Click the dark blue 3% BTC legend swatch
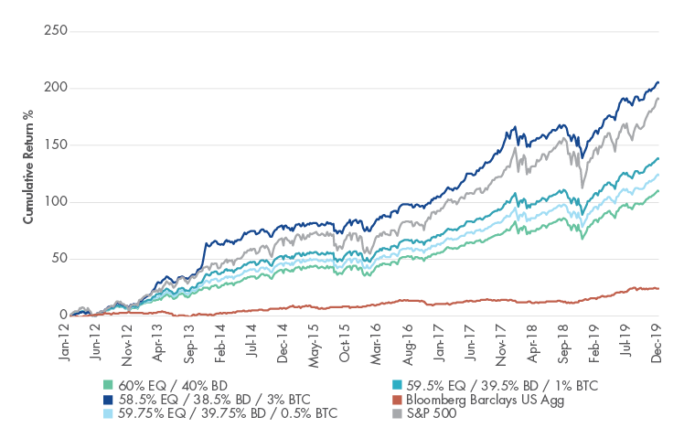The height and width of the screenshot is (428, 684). (111, 398)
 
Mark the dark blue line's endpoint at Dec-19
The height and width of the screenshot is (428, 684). (657, 82)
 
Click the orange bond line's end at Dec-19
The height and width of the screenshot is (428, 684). (657, 288)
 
